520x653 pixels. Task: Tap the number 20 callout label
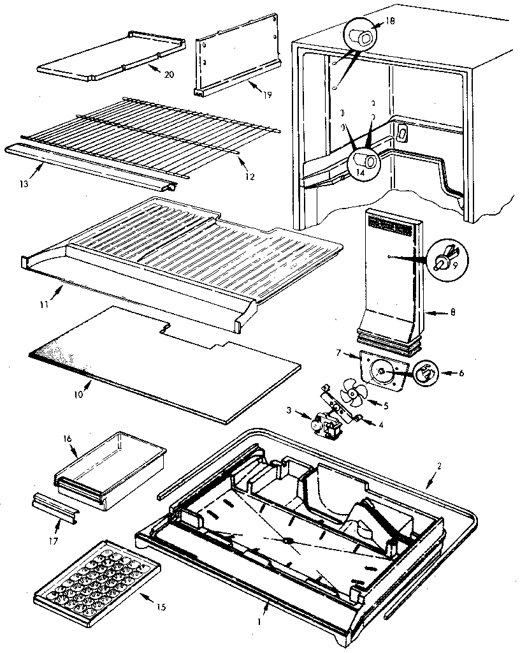pyautogui.click(x=168, y=75)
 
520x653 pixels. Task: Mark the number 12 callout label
pyautogui.click(x=249, y=176)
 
